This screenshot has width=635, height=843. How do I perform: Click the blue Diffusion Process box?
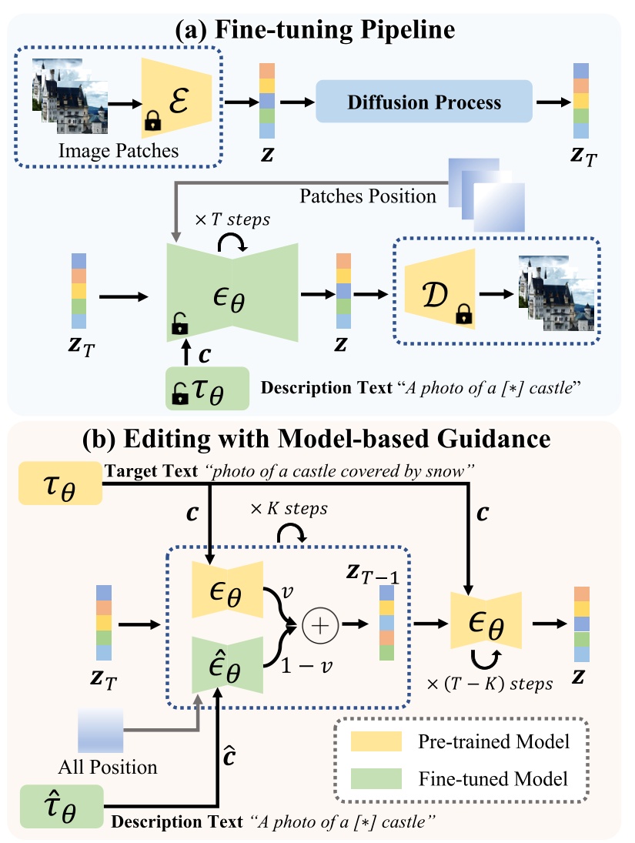pos(424,102)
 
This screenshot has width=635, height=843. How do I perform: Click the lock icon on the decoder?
pos(463,313)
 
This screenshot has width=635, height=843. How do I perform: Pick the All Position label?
pos(107,767)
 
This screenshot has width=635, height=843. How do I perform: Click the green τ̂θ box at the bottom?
pos(58,807)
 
